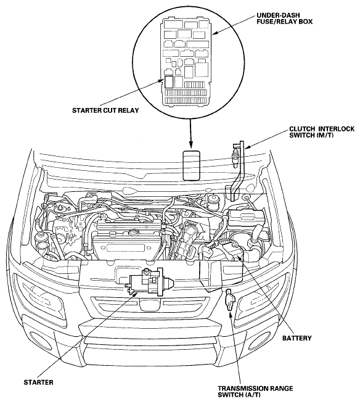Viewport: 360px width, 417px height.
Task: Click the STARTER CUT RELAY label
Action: (x=105, y=110)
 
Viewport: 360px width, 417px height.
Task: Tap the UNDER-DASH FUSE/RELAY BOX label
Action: (x=284, y=19)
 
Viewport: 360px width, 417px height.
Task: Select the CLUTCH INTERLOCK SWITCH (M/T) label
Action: (x=322, y=132)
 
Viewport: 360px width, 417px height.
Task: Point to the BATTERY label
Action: (x=297, y=338)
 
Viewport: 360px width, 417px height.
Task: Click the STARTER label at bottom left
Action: (x=38, y=382)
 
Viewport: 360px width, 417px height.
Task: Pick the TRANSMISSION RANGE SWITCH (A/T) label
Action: (x=255, y=392)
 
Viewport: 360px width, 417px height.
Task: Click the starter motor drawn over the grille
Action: (x=149, y=282)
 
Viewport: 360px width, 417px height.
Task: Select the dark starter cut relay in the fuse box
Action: (x=169, y=81)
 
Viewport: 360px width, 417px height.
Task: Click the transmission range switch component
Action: (x=229, y=300)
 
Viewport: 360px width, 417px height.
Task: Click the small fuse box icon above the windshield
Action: (x=191, y=165)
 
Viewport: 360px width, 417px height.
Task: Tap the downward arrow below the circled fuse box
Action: (x=190, y=133)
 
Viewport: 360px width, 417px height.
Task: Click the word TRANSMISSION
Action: (x=240, y=388)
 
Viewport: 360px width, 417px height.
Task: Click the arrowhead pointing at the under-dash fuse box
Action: (x=215, y=33)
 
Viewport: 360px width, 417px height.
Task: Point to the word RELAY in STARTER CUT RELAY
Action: (x=128, y=110)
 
